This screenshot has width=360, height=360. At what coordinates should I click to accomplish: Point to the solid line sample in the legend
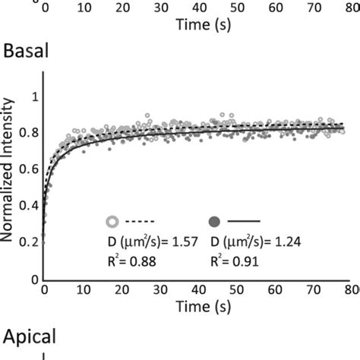point(243,222)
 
